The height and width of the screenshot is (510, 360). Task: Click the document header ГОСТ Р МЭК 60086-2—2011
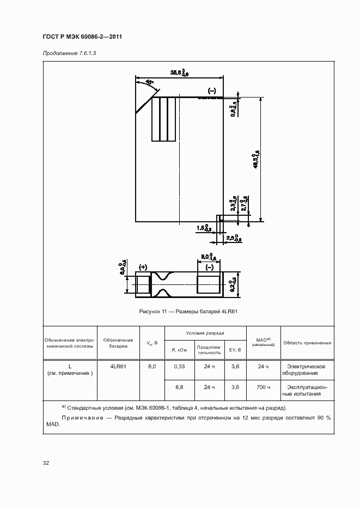82,37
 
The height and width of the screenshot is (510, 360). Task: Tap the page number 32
46,463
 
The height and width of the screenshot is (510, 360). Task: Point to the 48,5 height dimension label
256,159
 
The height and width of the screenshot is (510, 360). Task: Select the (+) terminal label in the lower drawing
144,267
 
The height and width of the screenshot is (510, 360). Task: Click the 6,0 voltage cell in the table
152,367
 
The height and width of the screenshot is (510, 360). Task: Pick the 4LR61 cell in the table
118,367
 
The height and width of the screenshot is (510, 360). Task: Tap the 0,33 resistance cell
180,367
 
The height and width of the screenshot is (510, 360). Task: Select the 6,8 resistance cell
180,387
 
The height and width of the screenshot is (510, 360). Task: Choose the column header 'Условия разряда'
205,332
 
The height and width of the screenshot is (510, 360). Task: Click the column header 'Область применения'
307,343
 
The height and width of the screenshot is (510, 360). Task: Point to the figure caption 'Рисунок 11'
190,311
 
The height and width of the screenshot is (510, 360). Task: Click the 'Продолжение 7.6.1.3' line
69,52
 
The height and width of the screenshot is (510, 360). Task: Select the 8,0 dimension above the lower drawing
206,257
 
